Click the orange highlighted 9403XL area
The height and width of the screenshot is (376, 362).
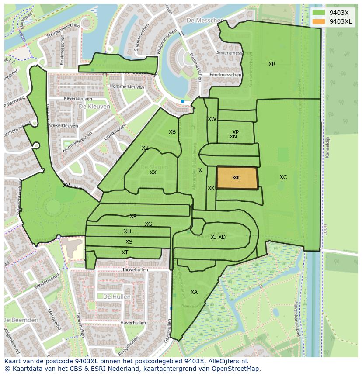pyautogui.click(x=237, y=178)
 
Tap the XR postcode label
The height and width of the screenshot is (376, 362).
pyautogui.click(x=272, y=64)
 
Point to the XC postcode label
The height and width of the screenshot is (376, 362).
pyautogui.click(x=283, y=177)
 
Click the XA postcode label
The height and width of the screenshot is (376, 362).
pyautogui.click(x=194, y=292)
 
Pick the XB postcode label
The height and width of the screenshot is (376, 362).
pyautogui.click(x=172, y=132)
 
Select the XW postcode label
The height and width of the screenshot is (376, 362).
pyautogui.click(x=212, y=119)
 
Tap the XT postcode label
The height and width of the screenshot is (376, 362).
pyautogui.click(x=125, y=252)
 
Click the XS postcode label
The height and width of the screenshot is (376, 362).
pyautogui.click(x=129, y=242)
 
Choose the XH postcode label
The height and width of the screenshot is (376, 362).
pyautogui.click(x=127, y=231)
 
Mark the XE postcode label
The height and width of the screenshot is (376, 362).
pyautogui.click(x=133, y=217)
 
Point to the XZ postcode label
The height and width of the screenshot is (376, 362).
pyautogui.click(x=145, y=148)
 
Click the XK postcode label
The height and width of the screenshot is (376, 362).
pyautogui.click(x=211, y=188)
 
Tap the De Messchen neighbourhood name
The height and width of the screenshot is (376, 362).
pyautogui.click(x=201, y=21)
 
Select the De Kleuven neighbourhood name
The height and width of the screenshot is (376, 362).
pyautogui.click(x=94, y=106)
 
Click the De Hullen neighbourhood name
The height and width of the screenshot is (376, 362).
pyautogui.click(x=117, y=297)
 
